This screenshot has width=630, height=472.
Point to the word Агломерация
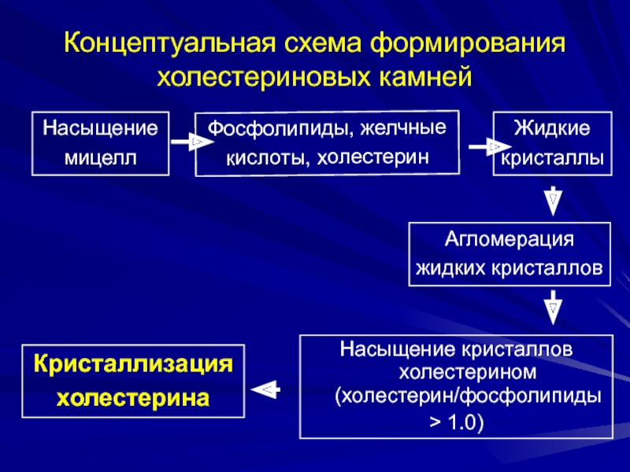pos(510,238)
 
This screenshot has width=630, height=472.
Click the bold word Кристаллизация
pos(133,364)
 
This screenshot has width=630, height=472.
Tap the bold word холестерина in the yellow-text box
pos(133,397)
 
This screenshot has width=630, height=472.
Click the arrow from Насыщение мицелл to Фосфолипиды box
pos(188,142)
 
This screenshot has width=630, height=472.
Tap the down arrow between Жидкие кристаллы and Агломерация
pos(553,200)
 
